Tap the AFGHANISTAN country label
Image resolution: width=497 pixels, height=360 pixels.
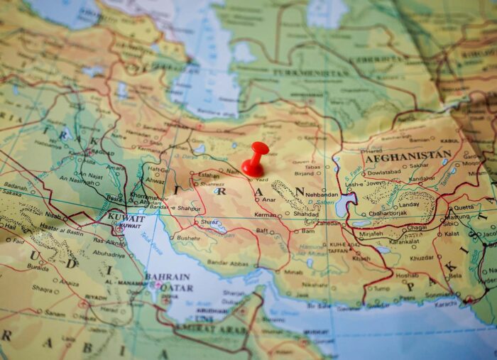coord(408,156)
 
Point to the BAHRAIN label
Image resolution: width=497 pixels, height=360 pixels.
coord(167,276)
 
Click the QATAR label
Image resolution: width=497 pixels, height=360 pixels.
coord(176,288)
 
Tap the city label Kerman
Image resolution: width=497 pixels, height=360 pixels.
coord(266,214)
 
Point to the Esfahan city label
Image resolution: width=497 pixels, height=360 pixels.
coord(208,175)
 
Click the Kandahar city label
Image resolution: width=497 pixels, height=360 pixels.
coord(421,179)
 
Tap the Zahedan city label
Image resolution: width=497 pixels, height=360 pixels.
coord(328,223)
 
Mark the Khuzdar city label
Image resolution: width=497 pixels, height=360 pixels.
coord(421,258)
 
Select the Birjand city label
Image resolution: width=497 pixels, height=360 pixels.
coord(304,173)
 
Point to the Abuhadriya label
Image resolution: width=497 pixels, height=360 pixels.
coord(109,253)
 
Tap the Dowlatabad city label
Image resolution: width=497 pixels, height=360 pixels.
coord(384,172)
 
